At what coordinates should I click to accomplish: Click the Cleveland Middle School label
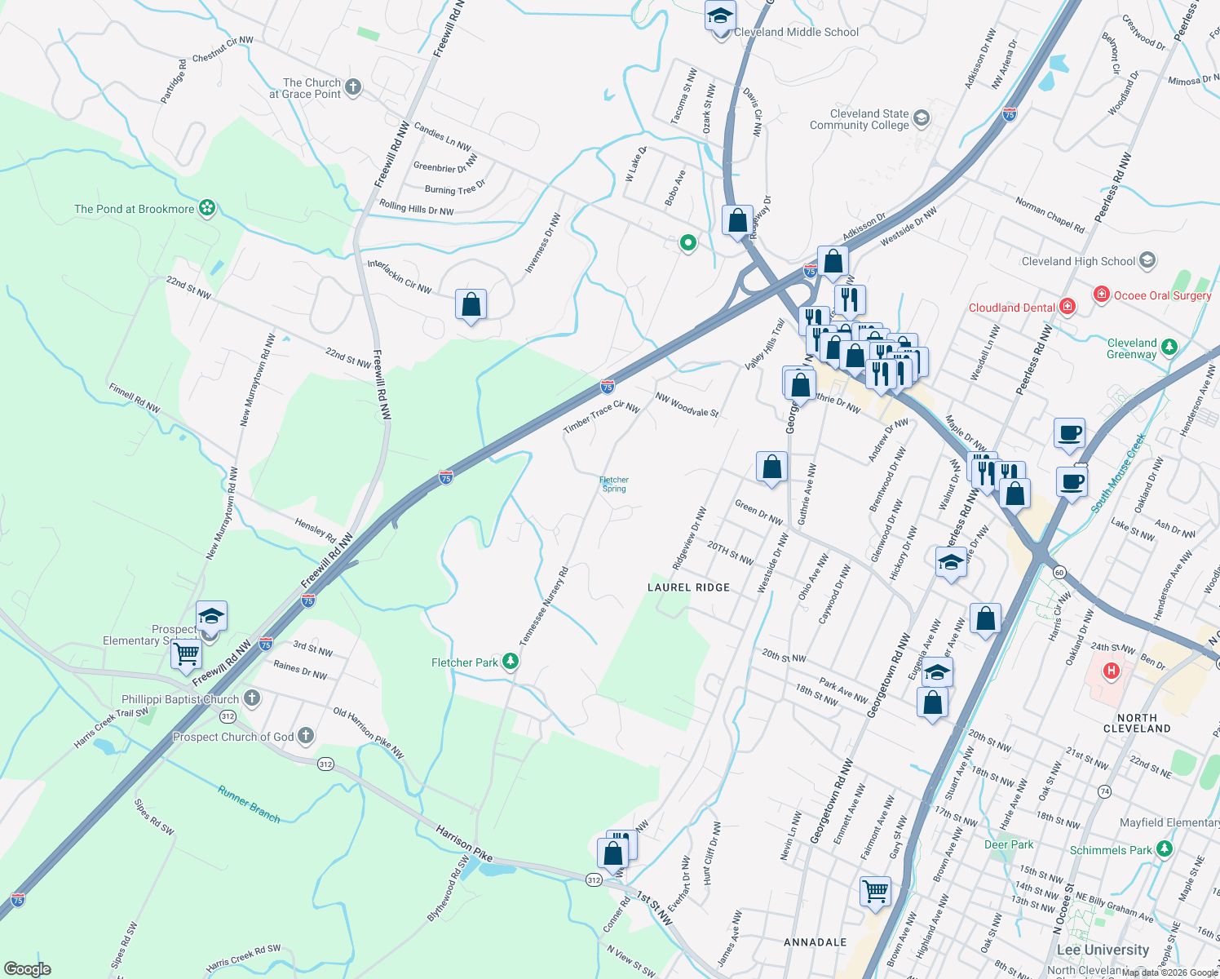tap(796, 32)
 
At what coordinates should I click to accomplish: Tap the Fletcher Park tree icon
tap(511, 661)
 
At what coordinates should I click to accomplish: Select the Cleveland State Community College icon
tap(921, 118)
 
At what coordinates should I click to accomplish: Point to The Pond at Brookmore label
tap(134, 209)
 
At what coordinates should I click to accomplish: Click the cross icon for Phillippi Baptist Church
tap(252, 698)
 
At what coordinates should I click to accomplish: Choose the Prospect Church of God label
tap(233, 737)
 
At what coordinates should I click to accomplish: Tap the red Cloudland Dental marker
tap(1067, 307)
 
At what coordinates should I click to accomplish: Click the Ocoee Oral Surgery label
tap(1162, 295)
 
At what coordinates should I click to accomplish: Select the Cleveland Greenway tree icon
tap(1169, 348)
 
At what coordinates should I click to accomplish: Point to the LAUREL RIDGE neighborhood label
tap(688, 587)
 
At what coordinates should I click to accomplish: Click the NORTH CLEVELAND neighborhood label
tap(1137, 723)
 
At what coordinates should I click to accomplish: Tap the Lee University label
tap(1103, 950)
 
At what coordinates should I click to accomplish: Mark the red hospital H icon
tap(1110, 671)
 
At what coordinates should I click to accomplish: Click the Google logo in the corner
tap(28, 969)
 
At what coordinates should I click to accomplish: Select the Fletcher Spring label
tap(614, 485)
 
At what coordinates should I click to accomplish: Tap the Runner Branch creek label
tap(249, 804)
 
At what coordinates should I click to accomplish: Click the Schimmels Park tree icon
tap(1165, 849)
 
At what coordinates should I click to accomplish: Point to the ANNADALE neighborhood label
tap(815, 942)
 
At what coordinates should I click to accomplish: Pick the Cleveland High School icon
tap(1147, 260)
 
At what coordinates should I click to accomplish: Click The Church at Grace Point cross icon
tap(352, 87)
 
